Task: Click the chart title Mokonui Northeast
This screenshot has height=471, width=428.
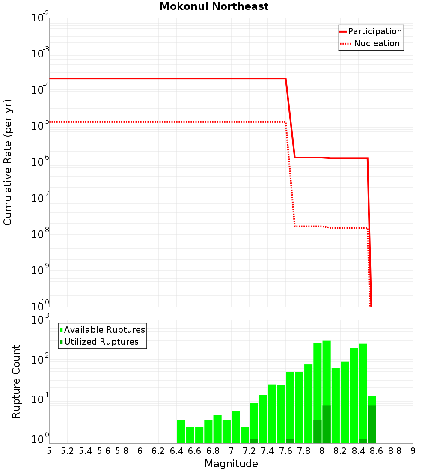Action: (214, 7)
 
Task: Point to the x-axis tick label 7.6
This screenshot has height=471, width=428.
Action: (285, 451)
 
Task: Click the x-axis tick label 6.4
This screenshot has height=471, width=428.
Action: (176, 451)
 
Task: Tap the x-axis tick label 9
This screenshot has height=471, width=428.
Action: (413, 451)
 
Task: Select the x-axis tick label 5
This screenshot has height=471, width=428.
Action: (49, 451)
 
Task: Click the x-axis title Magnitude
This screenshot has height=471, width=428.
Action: (231, 464)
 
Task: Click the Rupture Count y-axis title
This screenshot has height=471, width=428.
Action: (16, 381)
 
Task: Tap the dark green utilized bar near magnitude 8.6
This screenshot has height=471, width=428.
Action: (372, 424)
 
